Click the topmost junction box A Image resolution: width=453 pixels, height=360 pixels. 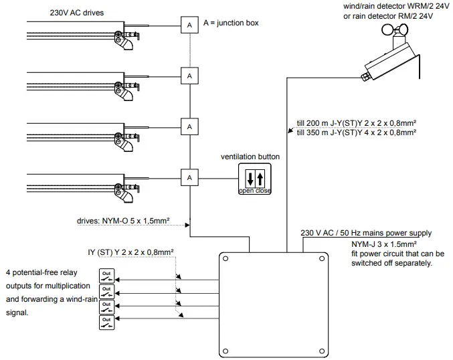[x=189, y=25]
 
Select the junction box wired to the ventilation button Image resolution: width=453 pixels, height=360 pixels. [x=189, y=177]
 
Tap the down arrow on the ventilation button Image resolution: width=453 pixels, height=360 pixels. [x=250, y=178]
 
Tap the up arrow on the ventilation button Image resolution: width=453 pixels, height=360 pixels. [x=260, y=178]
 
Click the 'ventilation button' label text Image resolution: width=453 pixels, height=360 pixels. [x=250, y=157]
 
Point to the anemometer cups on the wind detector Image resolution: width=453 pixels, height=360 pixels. [x=395, y=29]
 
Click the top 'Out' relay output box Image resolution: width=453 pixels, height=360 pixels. [x=106, y=276]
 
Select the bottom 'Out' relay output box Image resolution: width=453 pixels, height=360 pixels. [x=106, y=322]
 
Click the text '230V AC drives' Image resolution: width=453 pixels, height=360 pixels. [x=77, y=13]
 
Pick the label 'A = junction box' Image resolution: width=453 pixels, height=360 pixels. [x=231, y=23]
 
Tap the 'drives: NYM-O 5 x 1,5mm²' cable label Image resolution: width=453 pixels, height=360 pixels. [x=123, y=221]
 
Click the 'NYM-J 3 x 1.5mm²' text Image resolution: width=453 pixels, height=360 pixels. [x=384, y=244]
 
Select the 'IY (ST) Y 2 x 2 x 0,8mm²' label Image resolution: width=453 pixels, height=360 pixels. [x=130, y=252]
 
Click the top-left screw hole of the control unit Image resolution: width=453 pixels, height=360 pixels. [x=225, y=258]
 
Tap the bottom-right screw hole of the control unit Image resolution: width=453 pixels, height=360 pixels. [x=322, y=351]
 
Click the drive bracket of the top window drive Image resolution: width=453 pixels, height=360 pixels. [x=125, y=39]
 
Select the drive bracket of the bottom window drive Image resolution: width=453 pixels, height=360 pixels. [x=125, y=193]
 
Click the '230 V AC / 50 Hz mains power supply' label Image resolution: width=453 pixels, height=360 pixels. [x=366, y=233]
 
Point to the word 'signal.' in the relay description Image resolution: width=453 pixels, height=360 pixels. [x=17, y=312]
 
